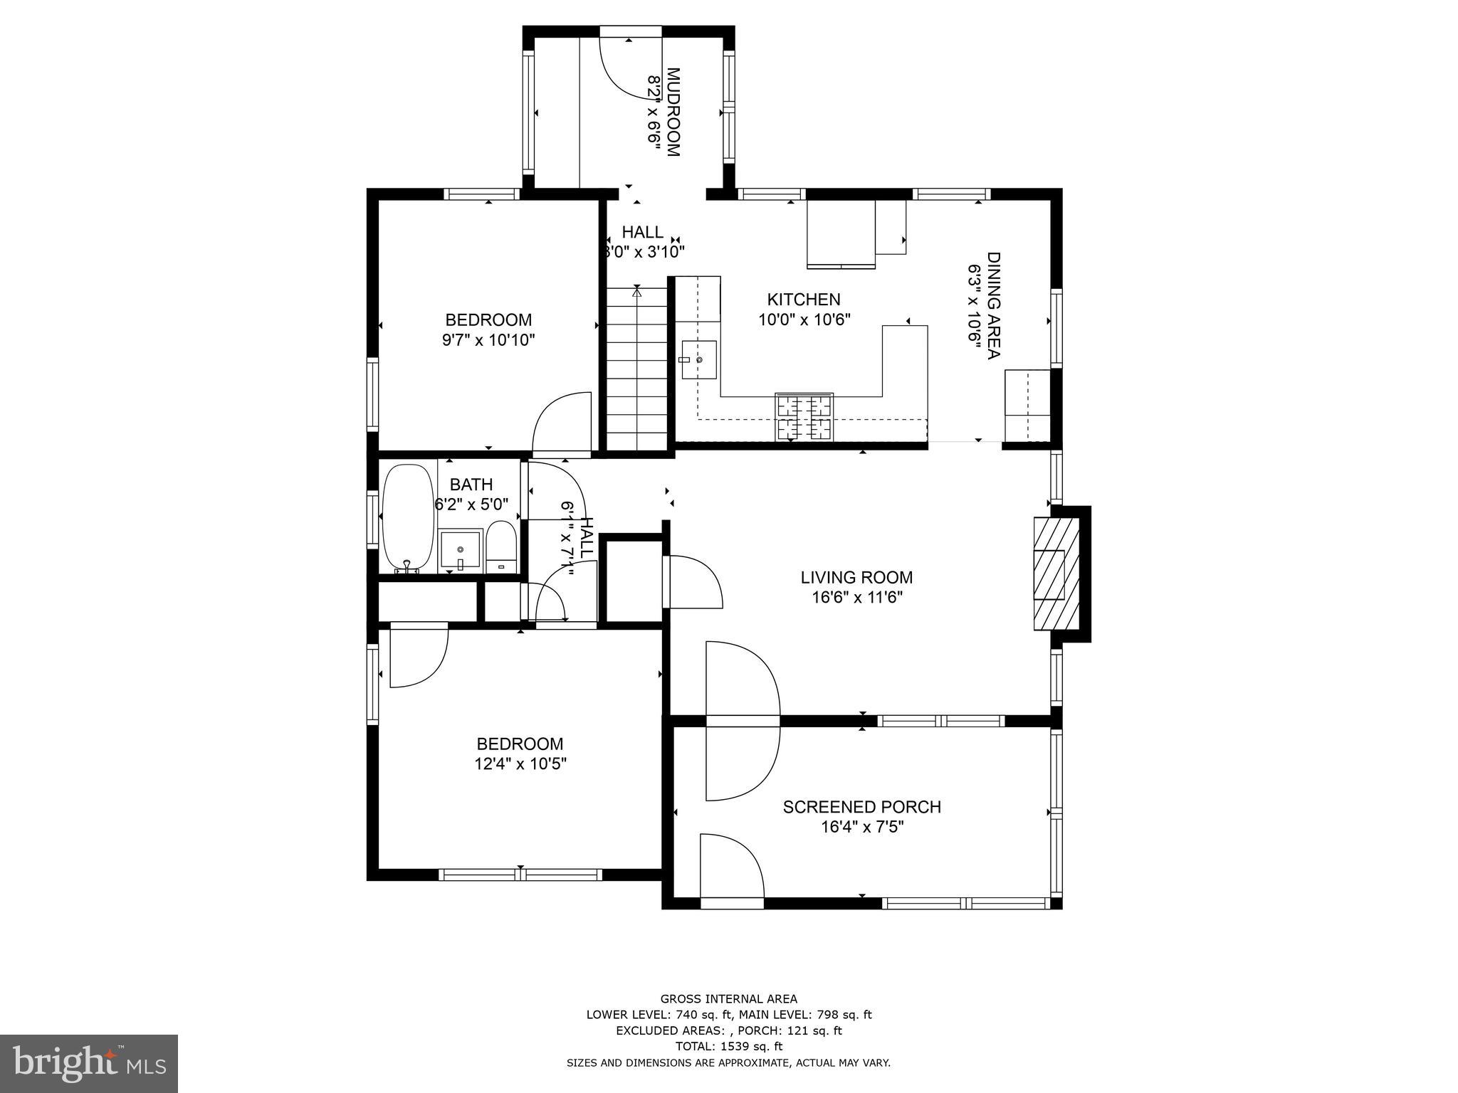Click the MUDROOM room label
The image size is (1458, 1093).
pyautogui.click(x=673, y=112)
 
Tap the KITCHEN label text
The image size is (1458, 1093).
pyautogui.click(x=804, y=300)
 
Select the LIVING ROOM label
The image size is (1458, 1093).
pyautogui.click(x=856, y=577)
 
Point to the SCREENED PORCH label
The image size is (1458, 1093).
pyautogui.click(x=861, y=807)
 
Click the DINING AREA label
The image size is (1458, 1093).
pyautogui.click(x=993, y=306)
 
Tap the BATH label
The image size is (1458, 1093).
pyautogui.click(x=471, y=485)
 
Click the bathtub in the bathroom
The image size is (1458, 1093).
pyautogui.click(x=408, y=518)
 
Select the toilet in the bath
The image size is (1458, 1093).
pyautogui.click(x=501, y=546)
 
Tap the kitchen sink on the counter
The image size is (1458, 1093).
pyautogui.click(x=698, y=360)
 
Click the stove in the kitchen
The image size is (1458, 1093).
pyautogui.click(x=804, y=418)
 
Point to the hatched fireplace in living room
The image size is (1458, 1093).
pyautogui.click(x=1056, y=574)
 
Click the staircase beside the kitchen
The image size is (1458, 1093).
pyautogui.click(x=636, y=370)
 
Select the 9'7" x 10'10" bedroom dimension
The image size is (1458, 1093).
pyautogui.click(x=488, y=340)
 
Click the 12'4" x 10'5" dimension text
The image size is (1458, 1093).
pyautogui.click(x=520, y=764)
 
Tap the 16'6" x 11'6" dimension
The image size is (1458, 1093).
pyautogui.click(x=857, y=598)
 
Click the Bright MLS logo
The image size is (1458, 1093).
pyautogui.click(x=88, y=1063)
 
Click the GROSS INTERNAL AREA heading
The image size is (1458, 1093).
pyautogui.click(x=728, y=998)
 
